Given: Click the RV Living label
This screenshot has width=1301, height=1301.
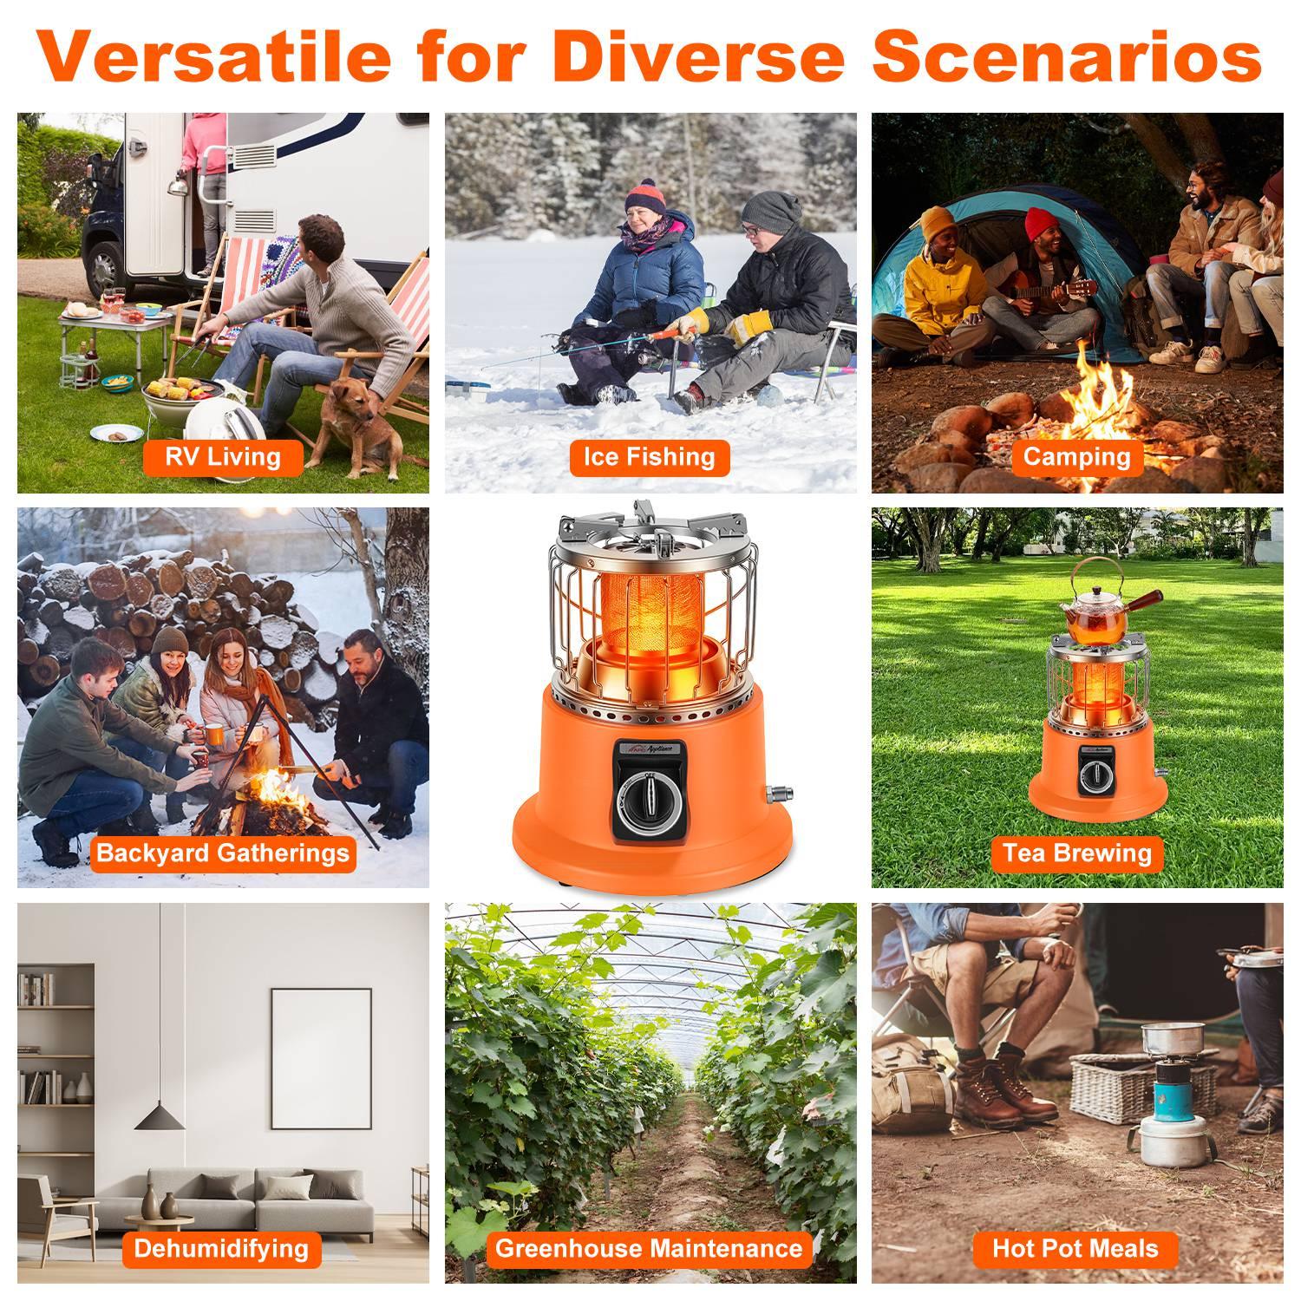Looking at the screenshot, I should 223,457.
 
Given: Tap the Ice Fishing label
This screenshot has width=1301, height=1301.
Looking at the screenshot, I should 650,457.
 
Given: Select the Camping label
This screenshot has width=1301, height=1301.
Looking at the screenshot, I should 1076,457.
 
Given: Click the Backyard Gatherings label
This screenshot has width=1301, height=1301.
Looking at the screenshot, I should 223,853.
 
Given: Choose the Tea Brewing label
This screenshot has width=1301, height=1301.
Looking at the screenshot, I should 1077,853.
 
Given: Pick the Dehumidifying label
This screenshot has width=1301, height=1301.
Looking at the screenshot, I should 221,1248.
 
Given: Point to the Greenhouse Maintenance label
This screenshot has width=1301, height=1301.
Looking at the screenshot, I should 650,1248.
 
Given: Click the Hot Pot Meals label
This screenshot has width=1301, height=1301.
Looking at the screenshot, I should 1075,1248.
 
